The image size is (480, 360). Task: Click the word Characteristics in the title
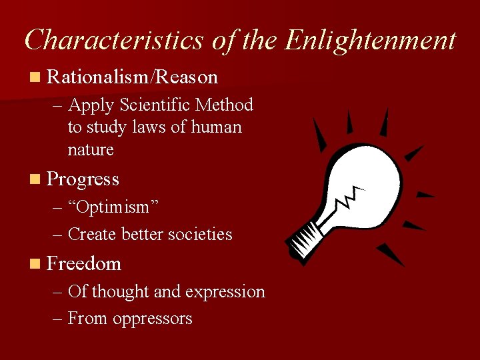[x=113, y=40]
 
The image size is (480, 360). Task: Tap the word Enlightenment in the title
[x=370, y=40]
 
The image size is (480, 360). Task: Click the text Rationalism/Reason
[x=133, y=77]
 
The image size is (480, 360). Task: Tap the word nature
[x=91, y=149]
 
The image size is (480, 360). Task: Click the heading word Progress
[x=83, y=179]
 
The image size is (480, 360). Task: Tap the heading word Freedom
[x=84, y=264]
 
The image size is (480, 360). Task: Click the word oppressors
[x=153, y=319]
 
